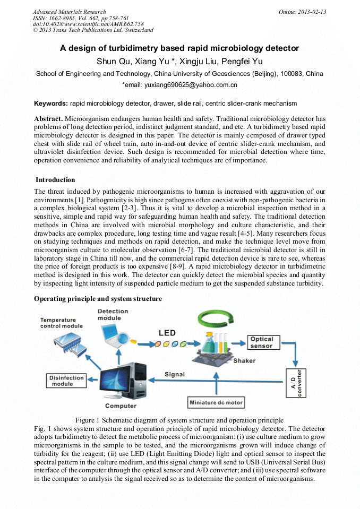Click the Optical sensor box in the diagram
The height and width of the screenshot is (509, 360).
pyautogui.click(x=262, y=342)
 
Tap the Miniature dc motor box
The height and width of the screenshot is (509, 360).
pyautogui.click(x=216, y=402)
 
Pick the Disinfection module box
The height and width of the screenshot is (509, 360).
pyautogui.click(x=67, y=381)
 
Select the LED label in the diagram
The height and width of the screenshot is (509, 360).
pyautogui.click(x=168, y=333)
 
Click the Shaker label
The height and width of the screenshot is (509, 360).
pyautogui.click(x=244, y=361)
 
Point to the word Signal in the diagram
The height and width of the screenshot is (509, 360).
pyautogui.click(x=174, y=374)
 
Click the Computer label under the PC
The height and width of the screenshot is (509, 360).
pyautogui.click(x=121, y=406)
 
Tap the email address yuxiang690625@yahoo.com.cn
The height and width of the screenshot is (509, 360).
pyautogui.click(x=179, y=84)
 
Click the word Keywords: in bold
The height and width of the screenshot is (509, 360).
pyautogui.click(x=51, y=103)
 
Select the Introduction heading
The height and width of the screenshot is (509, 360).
pyautogui.click(x=55, y=180)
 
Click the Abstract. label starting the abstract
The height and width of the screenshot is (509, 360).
pyautogui.click(x=49, y=118)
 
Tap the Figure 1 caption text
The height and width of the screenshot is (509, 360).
pyautogui.click(x=179, y=420)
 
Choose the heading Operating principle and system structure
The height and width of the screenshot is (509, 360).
pyautogui.click(x=98, y=299)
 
